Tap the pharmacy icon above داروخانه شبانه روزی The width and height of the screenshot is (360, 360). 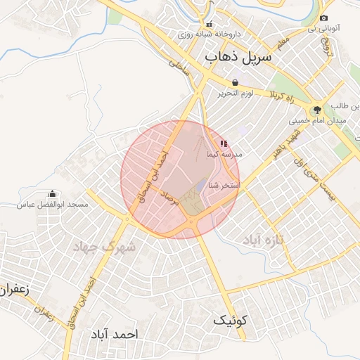pyautogui.click(x=209, y=24)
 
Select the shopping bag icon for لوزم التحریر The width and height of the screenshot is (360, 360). pyautogui.click(x=235, y=83)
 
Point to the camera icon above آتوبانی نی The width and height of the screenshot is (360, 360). pyautogui.click(x=323, y=18)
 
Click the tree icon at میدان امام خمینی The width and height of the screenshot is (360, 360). pyautogui.click(x=317, y=110)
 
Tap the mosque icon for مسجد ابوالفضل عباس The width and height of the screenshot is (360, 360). pyautogui.click(x=51, y=194)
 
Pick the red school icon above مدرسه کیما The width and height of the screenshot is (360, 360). pyautogui.click(x=224, y=143)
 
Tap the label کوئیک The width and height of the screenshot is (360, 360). pyautogui.click(x=231, y=321)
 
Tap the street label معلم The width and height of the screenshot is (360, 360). pyautogui.click(x=282, y=44)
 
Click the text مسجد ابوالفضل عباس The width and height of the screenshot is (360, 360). pyautogui.click(x=53, y=205)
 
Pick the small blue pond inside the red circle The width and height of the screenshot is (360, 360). pyautogui.click(x=201, y=186)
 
